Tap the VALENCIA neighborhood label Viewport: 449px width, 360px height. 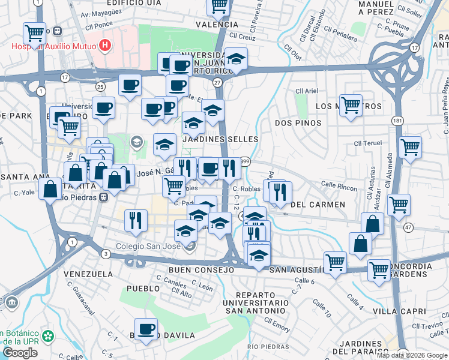(x=217, y=25)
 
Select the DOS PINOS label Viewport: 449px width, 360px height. (x=298, y=123)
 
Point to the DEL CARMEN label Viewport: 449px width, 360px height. (x=318, y=205)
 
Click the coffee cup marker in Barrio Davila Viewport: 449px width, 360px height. (x=146, y=329)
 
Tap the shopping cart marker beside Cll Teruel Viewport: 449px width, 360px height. (x=410, y=146)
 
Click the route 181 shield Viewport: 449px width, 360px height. (x=397, y=121)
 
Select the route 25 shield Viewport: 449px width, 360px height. (x=100, y=87)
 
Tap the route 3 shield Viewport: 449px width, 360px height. (x=106, y=254)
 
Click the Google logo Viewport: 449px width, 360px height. (x=20, y=353)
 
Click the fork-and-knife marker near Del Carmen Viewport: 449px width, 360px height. (x=280, y=192)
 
